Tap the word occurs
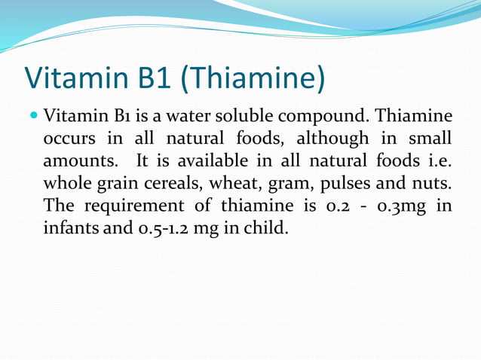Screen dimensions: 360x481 (x=71, y=140)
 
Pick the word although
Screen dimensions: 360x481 (x=332, y=140)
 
